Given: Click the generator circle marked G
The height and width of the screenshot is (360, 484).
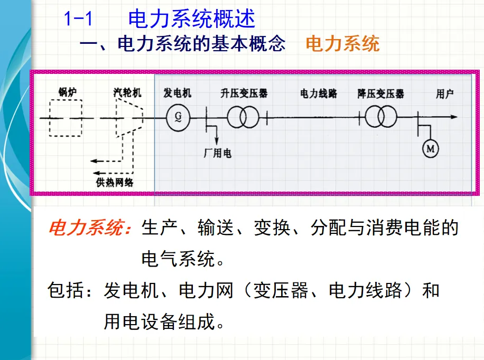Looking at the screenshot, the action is pyautogui.click(x=177, y=118).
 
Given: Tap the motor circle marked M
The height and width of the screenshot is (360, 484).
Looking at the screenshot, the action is pyautogui.click(x=430, y=150).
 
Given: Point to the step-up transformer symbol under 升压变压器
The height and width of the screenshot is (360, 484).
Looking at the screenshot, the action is pyautogui.click(x=243, y=117).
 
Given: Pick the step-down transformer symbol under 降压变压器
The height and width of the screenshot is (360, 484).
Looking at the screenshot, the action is pyautogui.click(x=380, y=117).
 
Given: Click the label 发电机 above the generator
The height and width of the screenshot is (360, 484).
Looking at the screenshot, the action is pyautogui.click(x=178, y=93).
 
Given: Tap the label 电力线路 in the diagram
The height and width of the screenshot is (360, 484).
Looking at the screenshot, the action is pyautogui.click(x=319, y=94).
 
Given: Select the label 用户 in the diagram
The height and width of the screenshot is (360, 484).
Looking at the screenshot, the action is pyautogui.click(x=444, y=94).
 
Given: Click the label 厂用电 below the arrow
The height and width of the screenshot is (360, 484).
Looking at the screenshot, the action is pyautogui.click(x=217, y=154).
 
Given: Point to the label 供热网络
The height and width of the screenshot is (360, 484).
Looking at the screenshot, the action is pyautogui.click(x=115, y=182).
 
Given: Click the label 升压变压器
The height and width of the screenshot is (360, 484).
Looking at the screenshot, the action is pyautogui.click(x=244, y=93).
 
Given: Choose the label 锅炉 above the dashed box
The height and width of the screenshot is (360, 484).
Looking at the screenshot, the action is pyautogui.click(x=67, y=92).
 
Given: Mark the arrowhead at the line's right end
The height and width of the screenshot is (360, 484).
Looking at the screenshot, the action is pyautogui.click(x=453, y=117).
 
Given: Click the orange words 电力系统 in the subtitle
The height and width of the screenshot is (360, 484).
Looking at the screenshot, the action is pyautogui.click(x=342, y=44).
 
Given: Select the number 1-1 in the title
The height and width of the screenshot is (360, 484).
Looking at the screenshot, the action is pyautogui.click(x=78, y=20).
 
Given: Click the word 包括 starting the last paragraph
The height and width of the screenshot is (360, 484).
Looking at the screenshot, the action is pyautogui.click(x=63, y=291).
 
